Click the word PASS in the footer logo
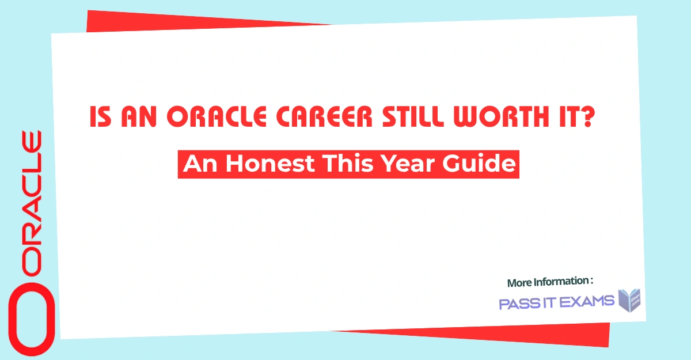pos(515,303)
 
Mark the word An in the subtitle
pos(199,164)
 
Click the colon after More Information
pos(591,282)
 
